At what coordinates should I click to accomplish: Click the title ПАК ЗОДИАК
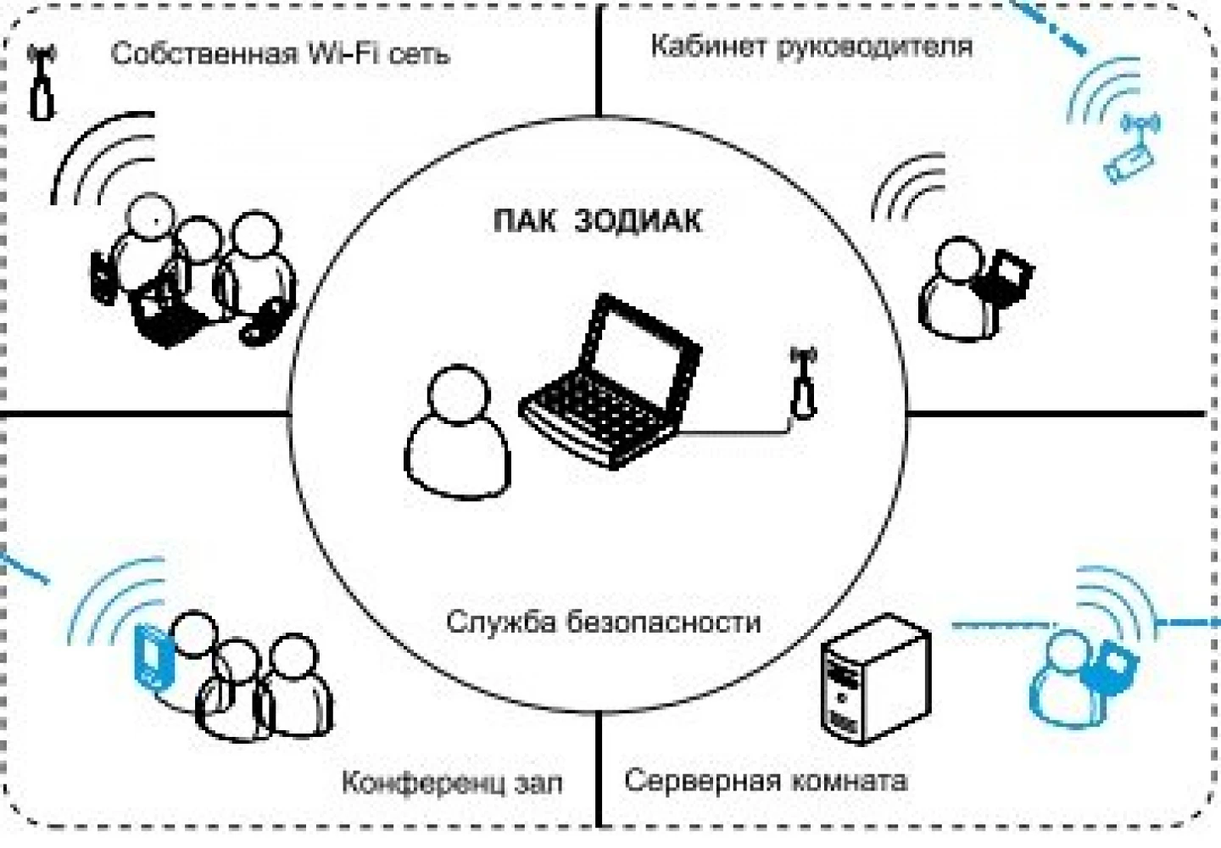click(x=598, y=220)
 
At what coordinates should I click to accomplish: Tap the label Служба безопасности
click(x=604, y=622)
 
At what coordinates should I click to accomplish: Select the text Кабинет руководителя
click(x=811, y=46)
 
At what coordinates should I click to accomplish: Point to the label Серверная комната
click(x=766, y=780)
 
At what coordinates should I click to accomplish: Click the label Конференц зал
click(x=452, y=783)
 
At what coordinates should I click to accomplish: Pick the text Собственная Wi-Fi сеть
click(x=280, y=54)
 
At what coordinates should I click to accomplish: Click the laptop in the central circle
click(x=610, y=381)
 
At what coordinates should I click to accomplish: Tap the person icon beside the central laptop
click(x=457, y=432)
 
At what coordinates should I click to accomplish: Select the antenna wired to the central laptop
click(x=804, y=383)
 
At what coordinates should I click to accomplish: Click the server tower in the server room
click(x=876, y=679)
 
